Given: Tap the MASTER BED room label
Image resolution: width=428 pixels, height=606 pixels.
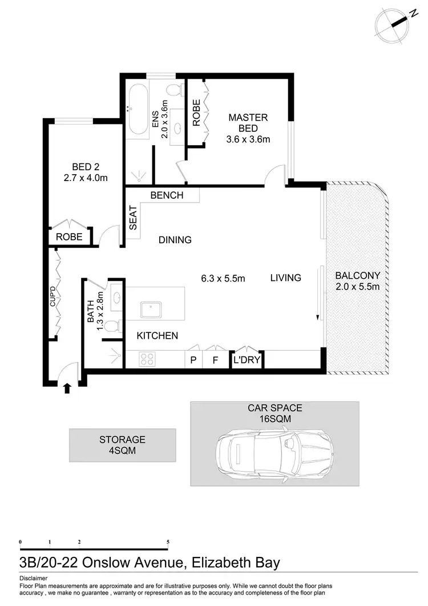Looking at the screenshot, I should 248,123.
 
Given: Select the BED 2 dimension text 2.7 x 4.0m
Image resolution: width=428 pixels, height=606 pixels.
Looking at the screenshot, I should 86,178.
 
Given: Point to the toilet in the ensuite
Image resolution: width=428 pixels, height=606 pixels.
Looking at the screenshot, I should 175,90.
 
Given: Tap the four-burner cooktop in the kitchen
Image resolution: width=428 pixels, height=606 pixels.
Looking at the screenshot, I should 147,359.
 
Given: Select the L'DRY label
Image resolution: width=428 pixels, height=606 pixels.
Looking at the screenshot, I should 246,360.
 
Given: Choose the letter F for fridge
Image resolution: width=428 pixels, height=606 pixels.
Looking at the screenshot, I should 215,360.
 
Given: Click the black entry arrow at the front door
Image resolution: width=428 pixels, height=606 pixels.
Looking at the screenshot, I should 67,388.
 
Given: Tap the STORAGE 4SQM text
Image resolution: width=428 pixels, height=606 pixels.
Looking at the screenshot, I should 122,445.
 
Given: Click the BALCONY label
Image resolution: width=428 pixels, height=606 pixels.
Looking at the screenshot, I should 358,275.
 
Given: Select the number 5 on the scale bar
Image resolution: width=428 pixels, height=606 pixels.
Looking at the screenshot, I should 168,541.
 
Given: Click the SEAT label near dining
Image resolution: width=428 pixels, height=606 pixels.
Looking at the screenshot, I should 134,218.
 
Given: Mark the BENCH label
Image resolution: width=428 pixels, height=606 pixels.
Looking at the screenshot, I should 167,195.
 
